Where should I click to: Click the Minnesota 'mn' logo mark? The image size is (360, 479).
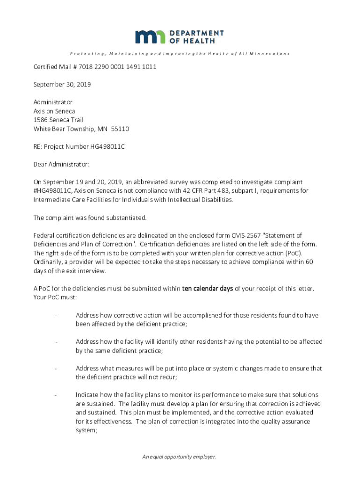point(151,37)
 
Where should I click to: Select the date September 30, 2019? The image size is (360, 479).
point(62,85)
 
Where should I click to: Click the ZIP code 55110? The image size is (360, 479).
point(119,129)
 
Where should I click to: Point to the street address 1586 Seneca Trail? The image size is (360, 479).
point(58,120)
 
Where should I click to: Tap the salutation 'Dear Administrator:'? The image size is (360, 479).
point(61,164)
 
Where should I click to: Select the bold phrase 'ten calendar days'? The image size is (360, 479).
point(207,289)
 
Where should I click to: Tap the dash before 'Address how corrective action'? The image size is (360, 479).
point(56,316)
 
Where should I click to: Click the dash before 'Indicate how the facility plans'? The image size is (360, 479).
point(56,395)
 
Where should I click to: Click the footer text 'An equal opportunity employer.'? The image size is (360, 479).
point(180,457)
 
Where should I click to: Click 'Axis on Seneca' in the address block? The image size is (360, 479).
point(54,111)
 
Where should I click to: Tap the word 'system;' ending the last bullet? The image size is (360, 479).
point(86,431)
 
